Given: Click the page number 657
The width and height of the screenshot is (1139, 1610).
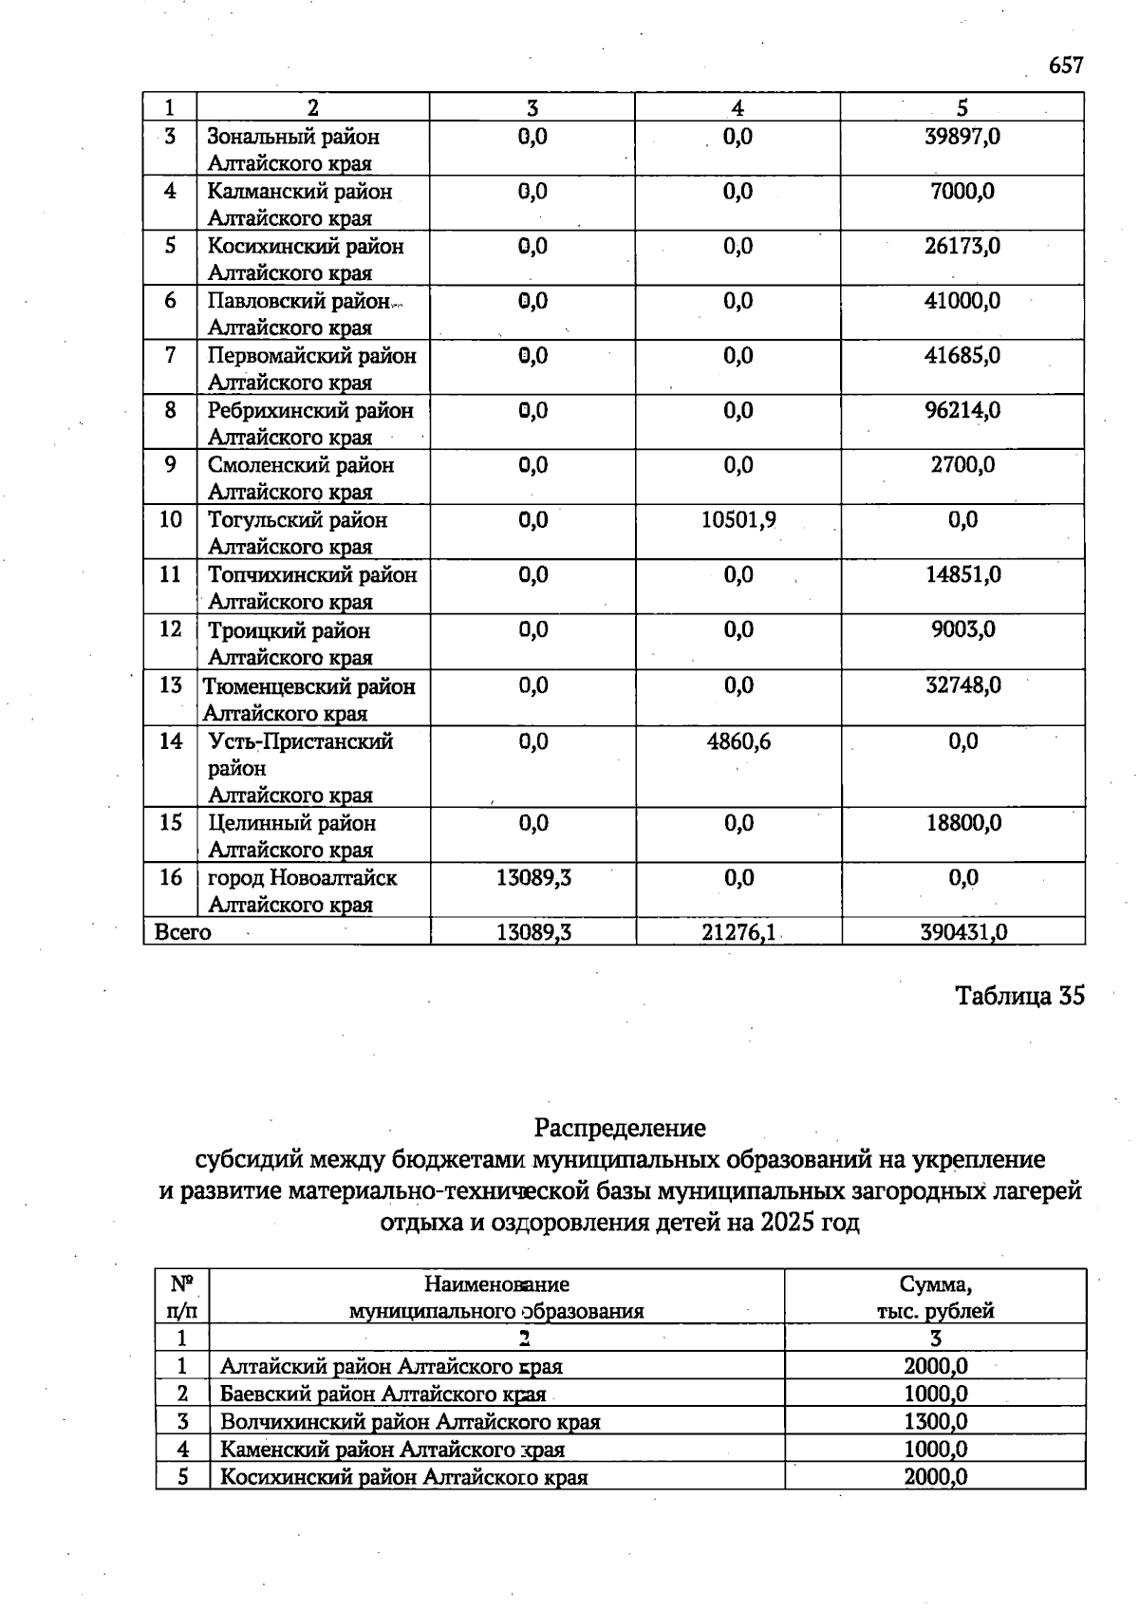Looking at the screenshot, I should [1065, 66].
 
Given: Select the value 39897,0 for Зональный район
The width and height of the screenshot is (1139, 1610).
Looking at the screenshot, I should [962, 137].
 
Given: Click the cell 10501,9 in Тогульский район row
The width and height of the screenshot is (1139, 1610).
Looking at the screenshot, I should [738, 520].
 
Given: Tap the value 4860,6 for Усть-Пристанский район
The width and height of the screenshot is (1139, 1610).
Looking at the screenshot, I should [738, 741].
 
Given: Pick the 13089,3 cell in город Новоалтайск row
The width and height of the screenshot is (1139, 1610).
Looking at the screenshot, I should [533, 878].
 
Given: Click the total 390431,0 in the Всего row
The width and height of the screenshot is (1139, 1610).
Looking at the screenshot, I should [962, 932].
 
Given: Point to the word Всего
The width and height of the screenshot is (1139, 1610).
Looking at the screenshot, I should [183, 932].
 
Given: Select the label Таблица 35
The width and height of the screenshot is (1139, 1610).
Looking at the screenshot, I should [1018, 996].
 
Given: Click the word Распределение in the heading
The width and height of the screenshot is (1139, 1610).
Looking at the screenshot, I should [620, 1128].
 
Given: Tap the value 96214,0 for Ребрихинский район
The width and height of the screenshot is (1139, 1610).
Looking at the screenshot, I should [962, 411].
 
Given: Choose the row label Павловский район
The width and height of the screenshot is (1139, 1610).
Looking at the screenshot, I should [299, 302].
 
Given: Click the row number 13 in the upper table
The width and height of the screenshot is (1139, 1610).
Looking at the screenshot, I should [170, 685].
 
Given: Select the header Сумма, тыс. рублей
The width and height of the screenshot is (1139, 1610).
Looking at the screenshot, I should [935, 1297].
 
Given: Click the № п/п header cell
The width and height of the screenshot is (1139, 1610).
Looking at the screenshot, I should [182, 1297].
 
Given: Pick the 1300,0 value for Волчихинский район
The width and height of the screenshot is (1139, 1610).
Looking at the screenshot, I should [935, 1422].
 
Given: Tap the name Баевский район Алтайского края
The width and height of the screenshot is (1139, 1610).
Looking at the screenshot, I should [383, 1395].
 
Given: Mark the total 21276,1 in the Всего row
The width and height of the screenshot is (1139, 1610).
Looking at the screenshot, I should [738, 932].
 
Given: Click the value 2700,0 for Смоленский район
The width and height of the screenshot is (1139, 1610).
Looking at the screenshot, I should [962, 465].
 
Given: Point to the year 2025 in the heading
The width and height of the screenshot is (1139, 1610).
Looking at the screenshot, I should [787, 1222].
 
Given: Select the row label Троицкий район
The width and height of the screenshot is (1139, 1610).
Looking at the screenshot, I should [289, 631].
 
